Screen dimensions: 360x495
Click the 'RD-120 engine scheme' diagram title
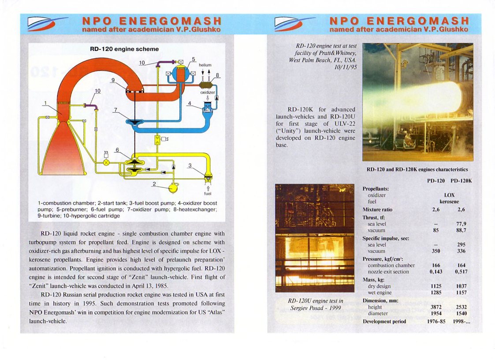(124, 49)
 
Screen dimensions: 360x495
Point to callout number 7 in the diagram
(115, 109)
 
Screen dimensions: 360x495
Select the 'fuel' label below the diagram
(208, 193)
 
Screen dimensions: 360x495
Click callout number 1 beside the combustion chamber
(45, 103)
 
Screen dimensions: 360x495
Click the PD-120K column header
(461, 181)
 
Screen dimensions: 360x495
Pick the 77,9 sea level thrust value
(462, 224)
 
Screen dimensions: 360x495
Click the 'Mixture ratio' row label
(377, 210)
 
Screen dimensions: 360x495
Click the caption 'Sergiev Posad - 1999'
(315, 307)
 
